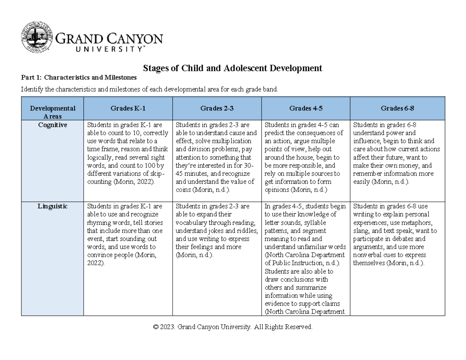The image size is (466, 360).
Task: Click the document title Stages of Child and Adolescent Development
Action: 233,68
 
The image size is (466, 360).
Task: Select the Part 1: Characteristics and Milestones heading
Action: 79,78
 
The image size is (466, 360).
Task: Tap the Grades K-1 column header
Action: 129,108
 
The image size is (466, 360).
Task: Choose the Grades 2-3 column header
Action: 217,108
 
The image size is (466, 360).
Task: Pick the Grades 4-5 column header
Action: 306,108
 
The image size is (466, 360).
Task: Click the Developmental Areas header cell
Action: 52,112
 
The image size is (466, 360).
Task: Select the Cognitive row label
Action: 52,125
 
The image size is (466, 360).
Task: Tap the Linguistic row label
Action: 52,207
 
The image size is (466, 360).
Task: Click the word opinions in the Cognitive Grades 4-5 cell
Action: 277,190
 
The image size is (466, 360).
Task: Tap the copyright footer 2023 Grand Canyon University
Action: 233,327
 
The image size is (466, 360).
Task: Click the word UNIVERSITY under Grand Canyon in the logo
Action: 100,49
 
